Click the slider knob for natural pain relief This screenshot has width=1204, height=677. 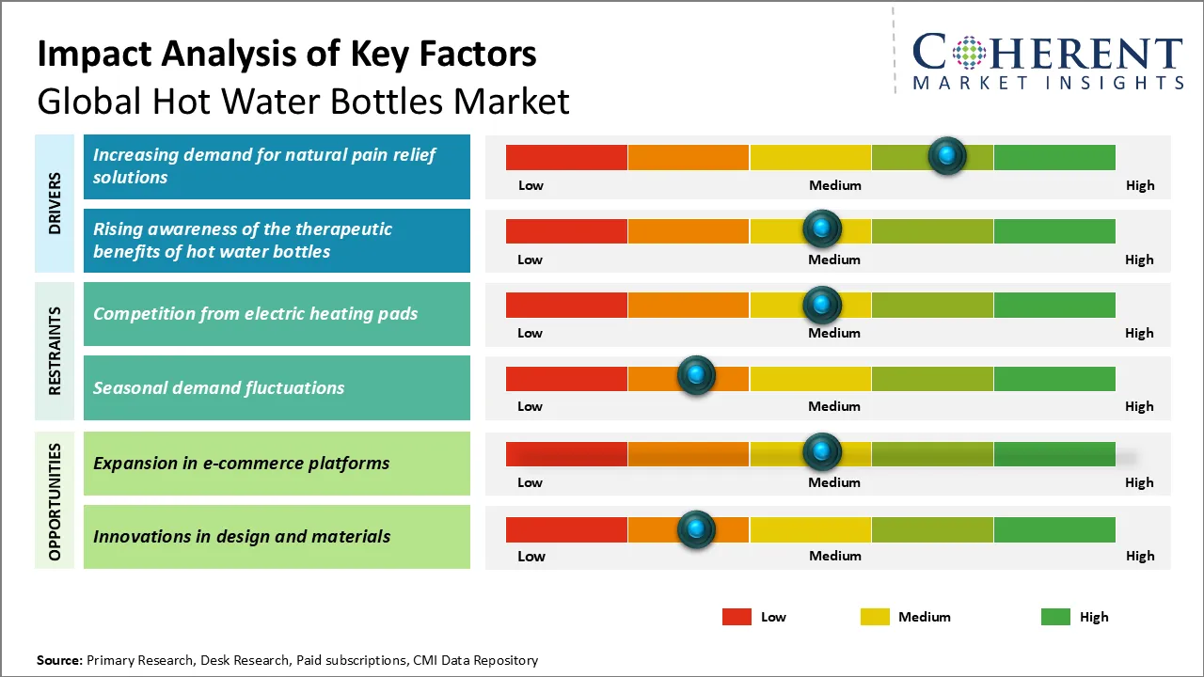tap(947, 155)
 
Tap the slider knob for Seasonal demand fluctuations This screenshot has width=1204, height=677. tap(696, 375)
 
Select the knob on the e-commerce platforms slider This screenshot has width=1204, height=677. tap(822, 452)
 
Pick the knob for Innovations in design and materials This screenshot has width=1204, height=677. tap(696, 529)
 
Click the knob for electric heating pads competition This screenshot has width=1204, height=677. tap(822, 304)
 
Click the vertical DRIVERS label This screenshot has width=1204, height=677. tap(55, 203)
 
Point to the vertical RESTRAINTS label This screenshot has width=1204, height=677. tap(55, 351)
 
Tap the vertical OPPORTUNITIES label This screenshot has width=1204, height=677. tap(55, 502)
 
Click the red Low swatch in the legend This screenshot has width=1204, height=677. tap(737, 617)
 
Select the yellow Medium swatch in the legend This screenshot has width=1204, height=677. tap(875, 617)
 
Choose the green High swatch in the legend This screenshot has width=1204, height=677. tap(1055, 617)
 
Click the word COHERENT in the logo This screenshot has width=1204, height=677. tap(1047, 53)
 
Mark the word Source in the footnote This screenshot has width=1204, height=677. tap(59, 660)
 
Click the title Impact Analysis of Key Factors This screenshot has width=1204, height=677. tap(287, 55)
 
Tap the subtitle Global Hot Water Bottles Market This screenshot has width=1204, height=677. tap(303, 101)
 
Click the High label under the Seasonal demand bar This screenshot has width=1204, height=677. tap(1139, 406)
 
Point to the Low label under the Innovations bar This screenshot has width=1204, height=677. tap(531, 556)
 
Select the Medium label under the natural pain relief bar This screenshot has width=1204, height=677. tap(835, 185)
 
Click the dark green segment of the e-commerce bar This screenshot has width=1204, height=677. tap(1053, 453)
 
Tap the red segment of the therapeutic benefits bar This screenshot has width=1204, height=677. tap(566, 230)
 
